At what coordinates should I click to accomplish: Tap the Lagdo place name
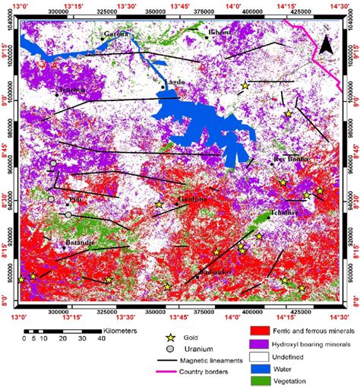click(173, 81)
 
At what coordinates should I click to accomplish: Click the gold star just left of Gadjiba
click(159, 205)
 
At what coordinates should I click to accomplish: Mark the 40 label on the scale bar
click(99, 340)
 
